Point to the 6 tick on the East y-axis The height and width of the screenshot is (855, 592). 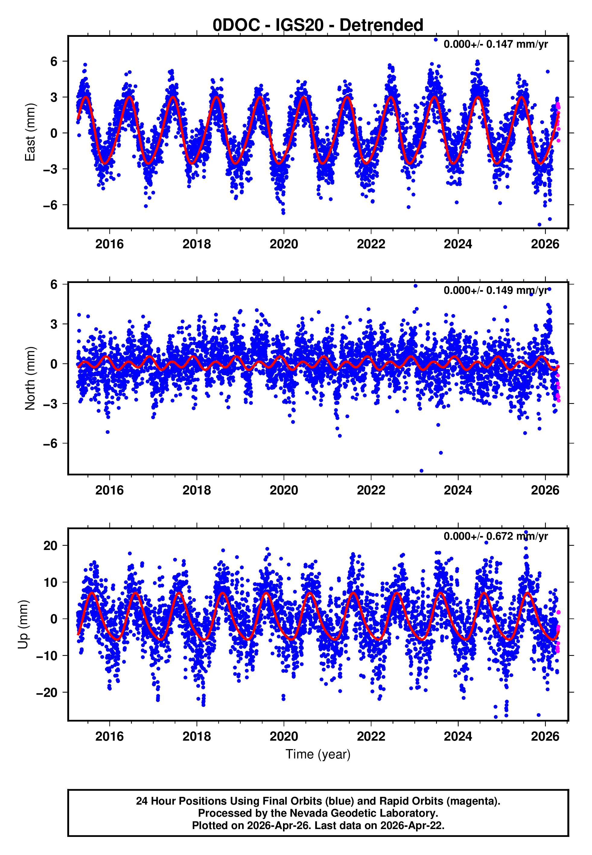54,61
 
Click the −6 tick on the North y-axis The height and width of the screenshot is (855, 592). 50,443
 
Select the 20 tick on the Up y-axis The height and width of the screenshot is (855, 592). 50,546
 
